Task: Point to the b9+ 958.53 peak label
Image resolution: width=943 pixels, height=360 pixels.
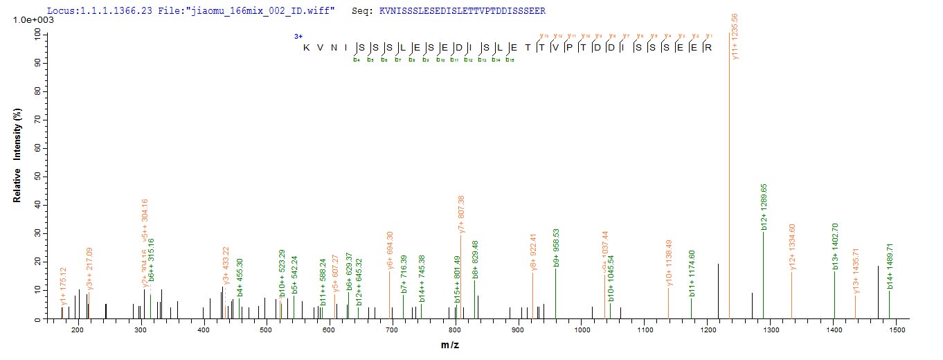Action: (557, 247)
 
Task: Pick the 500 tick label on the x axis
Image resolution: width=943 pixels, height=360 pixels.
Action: (267, 332)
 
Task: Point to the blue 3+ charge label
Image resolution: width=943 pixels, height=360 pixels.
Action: (298, 35)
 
